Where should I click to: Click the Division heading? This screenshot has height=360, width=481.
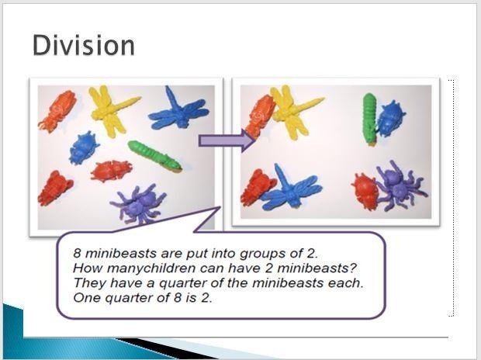84,45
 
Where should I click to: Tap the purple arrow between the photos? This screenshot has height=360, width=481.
227,141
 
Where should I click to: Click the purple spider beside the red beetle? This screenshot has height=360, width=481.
400,186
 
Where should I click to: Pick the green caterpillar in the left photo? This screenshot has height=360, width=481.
154,156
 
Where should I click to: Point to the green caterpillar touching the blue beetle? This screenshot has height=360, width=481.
369,119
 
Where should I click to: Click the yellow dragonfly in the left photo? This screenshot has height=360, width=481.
111,109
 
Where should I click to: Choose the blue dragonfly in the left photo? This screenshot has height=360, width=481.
178,109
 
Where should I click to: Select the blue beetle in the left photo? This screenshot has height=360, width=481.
84,147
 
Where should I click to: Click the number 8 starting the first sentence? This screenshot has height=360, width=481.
77,254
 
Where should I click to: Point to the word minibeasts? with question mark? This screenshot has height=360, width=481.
317,268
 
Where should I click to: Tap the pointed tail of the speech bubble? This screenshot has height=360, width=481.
220,208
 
